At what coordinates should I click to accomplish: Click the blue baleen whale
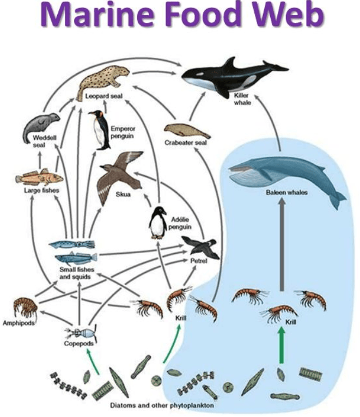(283, 174)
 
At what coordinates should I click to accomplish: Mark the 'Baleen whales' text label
(287, 193)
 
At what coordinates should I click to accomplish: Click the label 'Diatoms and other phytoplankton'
(162, 406)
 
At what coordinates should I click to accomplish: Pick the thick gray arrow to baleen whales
(282, 245)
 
